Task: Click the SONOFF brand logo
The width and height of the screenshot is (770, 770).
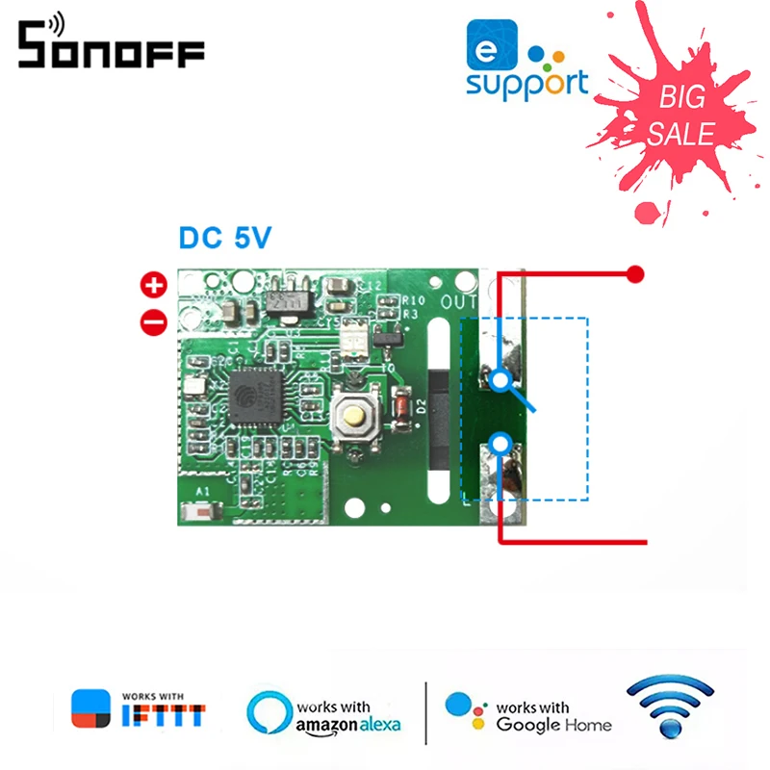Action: (110, 45)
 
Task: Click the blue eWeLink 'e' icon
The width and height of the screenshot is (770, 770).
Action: (486, 47)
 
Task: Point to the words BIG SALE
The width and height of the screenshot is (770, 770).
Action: (680, 115)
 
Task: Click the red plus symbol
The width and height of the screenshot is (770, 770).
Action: (154, 284)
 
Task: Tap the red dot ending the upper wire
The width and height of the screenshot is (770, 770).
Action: (634, 274)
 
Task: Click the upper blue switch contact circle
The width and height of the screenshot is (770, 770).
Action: (499, 380)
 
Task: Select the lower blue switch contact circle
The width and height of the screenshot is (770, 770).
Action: (499, 443)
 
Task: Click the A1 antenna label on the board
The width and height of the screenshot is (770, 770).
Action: (203, 493)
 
